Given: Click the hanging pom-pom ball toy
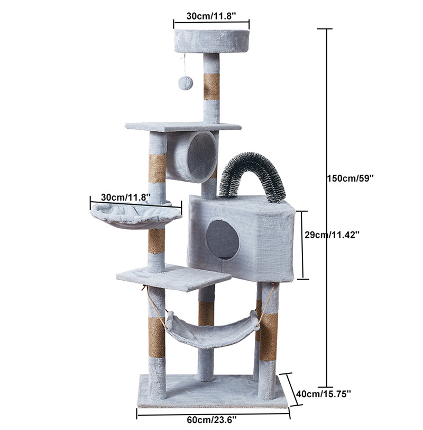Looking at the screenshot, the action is tap(186, 83).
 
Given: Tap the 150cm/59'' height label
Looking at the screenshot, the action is tap(350, 178).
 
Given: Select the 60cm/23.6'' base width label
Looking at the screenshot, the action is tap(212, 419).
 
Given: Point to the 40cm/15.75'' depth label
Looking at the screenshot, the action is tap(324, 394).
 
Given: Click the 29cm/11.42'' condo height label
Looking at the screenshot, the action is tap(332, 235).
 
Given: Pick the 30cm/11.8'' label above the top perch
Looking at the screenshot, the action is tap(211, 16).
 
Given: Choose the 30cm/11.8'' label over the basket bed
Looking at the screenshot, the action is tap(126, 197).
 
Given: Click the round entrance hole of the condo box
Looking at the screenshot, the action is tap(222, 239).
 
